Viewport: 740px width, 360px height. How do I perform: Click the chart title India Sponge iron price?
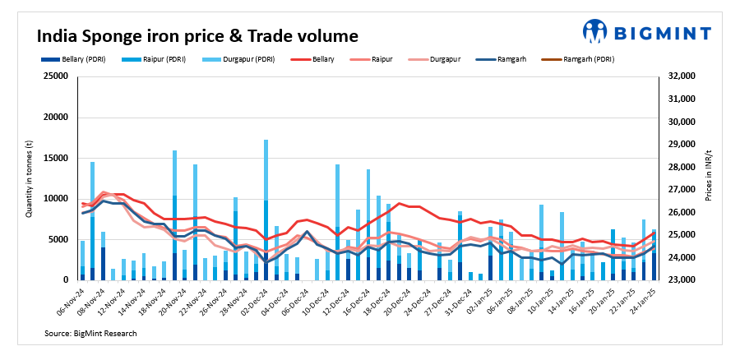[197, 36]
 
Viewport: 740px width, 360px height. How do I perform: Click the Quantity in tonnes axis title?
[30, 178]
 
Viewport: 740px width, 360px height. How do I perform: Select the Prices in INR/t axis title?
[709, 178]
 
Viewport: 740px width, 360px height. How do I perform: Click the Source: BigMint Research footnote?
[90, 333]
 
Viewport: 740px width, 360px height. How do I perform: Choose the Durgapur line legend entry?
[443, 59]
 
